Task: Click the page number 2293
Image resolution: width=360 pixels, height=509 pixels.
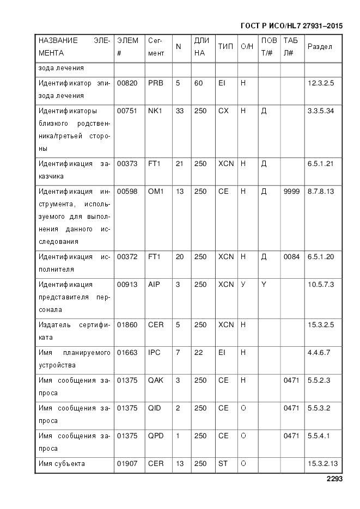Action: (334, 480)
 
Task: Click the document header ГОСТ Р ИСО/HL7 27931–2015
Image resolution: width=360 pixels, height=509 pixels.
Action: (291, 26)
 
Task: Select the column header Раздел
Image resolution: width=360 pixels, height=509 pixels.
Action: (320, 47)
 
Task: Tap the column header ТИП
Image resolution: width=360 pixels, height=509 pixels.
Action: (225, 47)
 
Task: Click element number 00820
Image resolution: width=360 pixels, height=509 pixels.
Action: (127, 83)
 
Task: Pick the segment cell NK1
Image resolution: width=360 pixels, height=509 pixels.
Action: (155, 111)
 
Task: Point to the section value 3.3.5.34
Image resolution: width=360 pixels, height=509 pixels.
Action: (321, 111)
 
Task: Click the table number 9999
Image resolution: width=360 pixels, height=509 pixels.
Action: (291, 192)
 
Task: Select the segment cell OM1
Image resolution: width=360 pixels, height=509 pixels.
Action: (156, 192)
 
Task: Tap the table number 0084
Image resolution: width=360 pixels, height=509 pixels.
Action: (291, 257)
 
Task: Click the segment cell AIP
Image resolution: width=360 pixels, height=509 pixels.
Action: (154, 285)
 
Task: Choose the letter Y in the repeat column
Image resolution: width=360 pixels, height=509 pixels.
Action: (264, 285)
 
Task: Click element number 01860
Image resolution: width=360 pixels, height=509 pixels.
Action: (127, 325)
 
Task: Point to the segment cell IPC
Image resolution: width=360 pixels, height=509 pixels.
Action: (154, 353)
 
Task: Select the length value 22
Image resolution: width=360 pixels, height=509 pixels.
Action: (198, 353)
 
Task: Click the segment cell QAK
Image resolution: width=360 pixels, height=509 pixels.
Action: (155, 381)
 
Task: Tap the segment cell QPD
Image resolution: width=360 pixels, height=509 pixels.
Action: (155, 436)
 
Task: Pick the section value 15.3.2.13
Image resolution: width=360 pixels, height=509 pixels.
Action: (323, 464)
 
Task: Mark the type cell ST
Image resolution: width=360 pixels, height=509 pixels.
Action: (223, 464)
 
